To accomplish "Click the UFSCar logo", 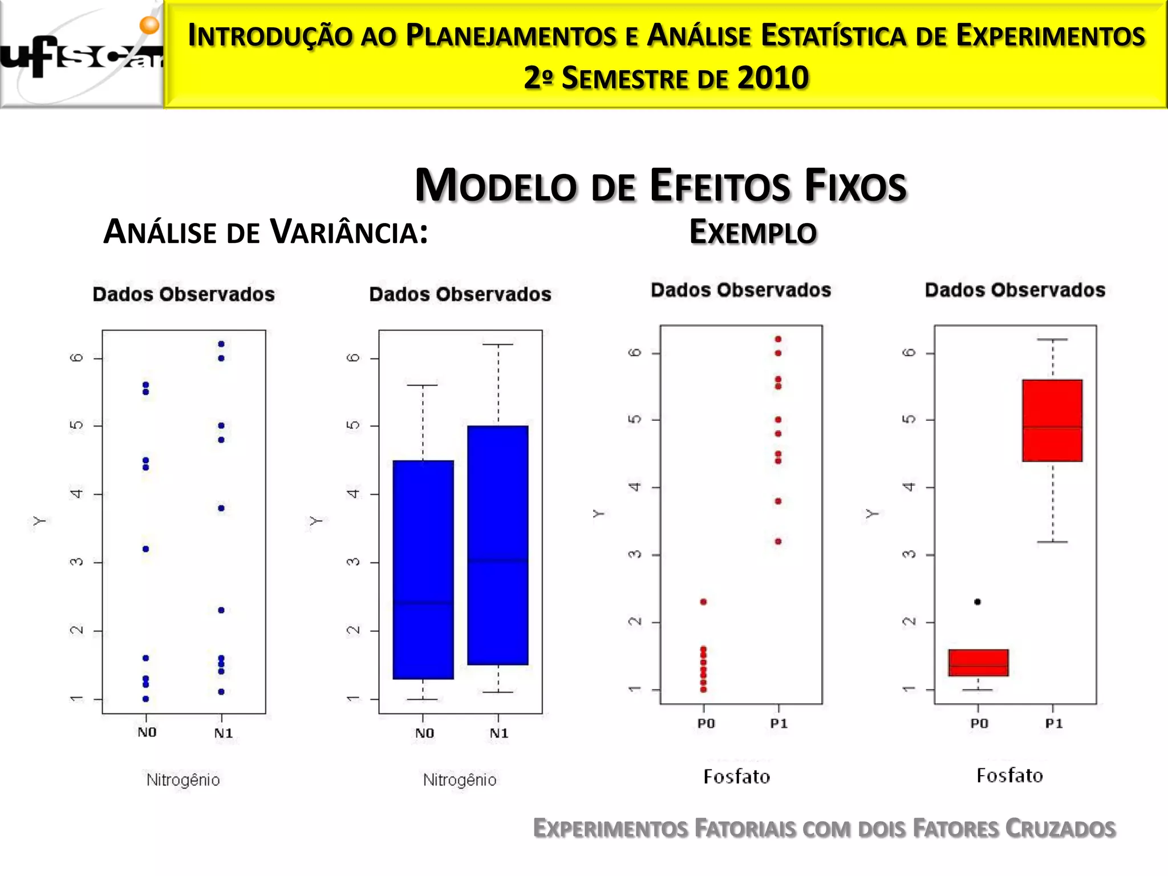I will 81,54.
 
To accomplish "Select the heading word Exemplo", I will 753,232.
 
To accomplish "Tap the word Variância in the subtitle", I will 348,232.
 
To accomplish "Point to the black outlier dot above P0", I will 978,602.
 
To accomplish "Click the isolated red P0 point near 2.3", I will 703,602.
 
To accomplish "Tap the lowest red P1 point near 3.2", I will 778,541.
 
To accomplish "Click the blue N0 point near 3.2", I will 146,549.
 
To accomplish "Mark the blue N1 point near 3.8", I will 221,508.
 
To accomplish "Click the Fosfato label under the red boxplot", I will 1009,776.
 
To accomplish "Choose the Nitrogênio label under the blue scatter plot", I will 183,780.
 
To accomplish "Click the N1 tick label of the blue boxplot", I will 498,733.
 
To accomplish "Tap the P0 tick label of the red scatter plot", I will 705,724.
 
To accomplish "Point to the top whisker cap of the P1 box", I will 1052,339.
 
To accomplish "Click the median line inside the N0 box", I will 423,603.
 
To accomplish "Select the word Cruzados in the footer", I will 1060,829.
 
